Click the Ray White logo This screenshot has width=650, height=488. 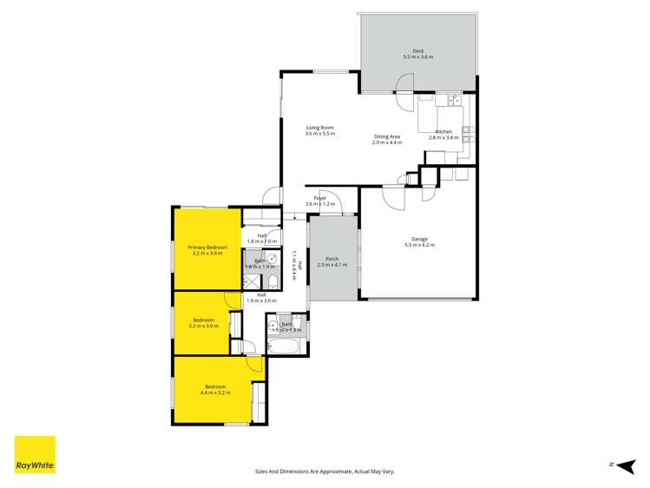point(35,454)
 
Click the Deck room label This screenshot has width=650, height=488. point(417,52)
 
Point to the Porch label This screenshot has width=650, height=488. point(332,258)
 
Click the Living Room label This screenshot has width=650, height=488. point(319,128)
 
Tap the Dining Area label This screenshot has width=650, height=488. point(387,136)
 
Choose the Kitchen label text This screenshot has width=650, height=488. point(443,132)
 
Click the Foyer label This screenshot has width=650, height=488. point(320,199)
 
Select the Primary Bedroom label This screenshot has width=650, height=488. point(207,248)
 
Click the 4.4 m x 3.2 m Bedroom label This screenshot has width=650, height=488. point(215,386)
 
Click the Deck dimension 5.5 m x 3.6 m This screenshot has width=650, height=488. point(417,57)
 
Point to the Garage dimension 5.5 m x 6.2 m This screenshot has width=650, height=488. point(419,246)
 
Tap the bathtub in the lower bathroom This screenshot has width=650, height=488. point(284,347)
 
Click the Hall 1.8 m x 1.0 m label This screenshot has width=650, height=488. point(261,236)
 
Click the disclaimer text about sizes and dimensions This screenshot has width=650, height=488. point(325,471)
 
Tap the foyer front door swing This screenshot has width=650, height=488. point(330,203)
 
